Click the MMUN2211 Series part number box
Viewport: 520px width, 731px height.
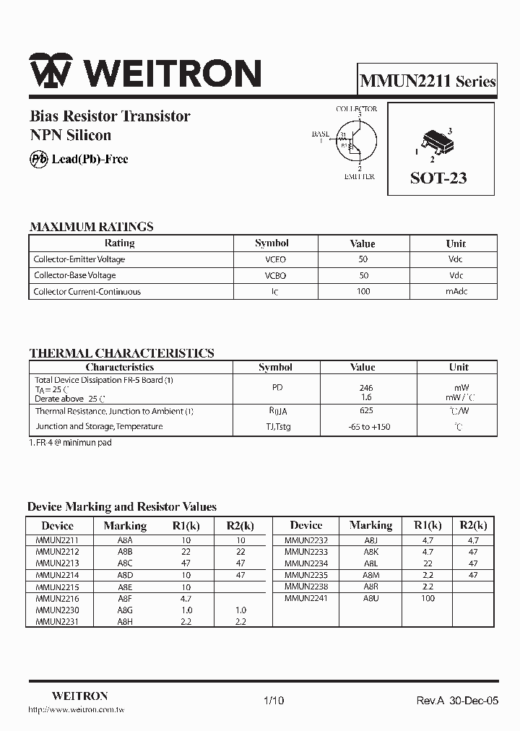428,81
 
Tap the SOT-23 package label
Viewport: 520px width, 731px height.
438,178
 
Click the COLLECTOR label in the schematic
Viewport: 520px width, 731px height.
356,109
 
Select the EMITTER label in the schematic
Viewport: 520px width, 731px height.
359,177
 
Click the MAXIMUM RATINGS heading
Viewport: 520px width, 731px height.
91,227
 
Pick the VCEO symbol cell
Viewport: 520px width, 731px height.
272,259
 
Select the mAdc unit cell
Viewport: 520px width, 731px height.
456,292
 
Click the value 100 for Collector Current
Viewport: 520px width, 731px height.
363,292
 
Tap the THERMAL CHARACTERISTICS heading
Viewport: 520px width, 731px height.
121,353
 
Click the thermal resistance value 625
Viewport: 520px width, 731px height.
365,411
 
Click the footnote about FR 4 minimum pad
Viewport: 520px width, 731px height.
70,443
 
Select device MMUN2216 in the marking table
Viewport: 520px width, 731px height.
57,599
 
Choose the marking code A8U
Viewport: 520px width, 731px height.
370,599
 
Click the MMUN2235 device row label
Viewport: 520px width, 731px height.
306,576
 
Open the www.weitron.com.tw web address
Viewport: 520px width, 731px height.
77,711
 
